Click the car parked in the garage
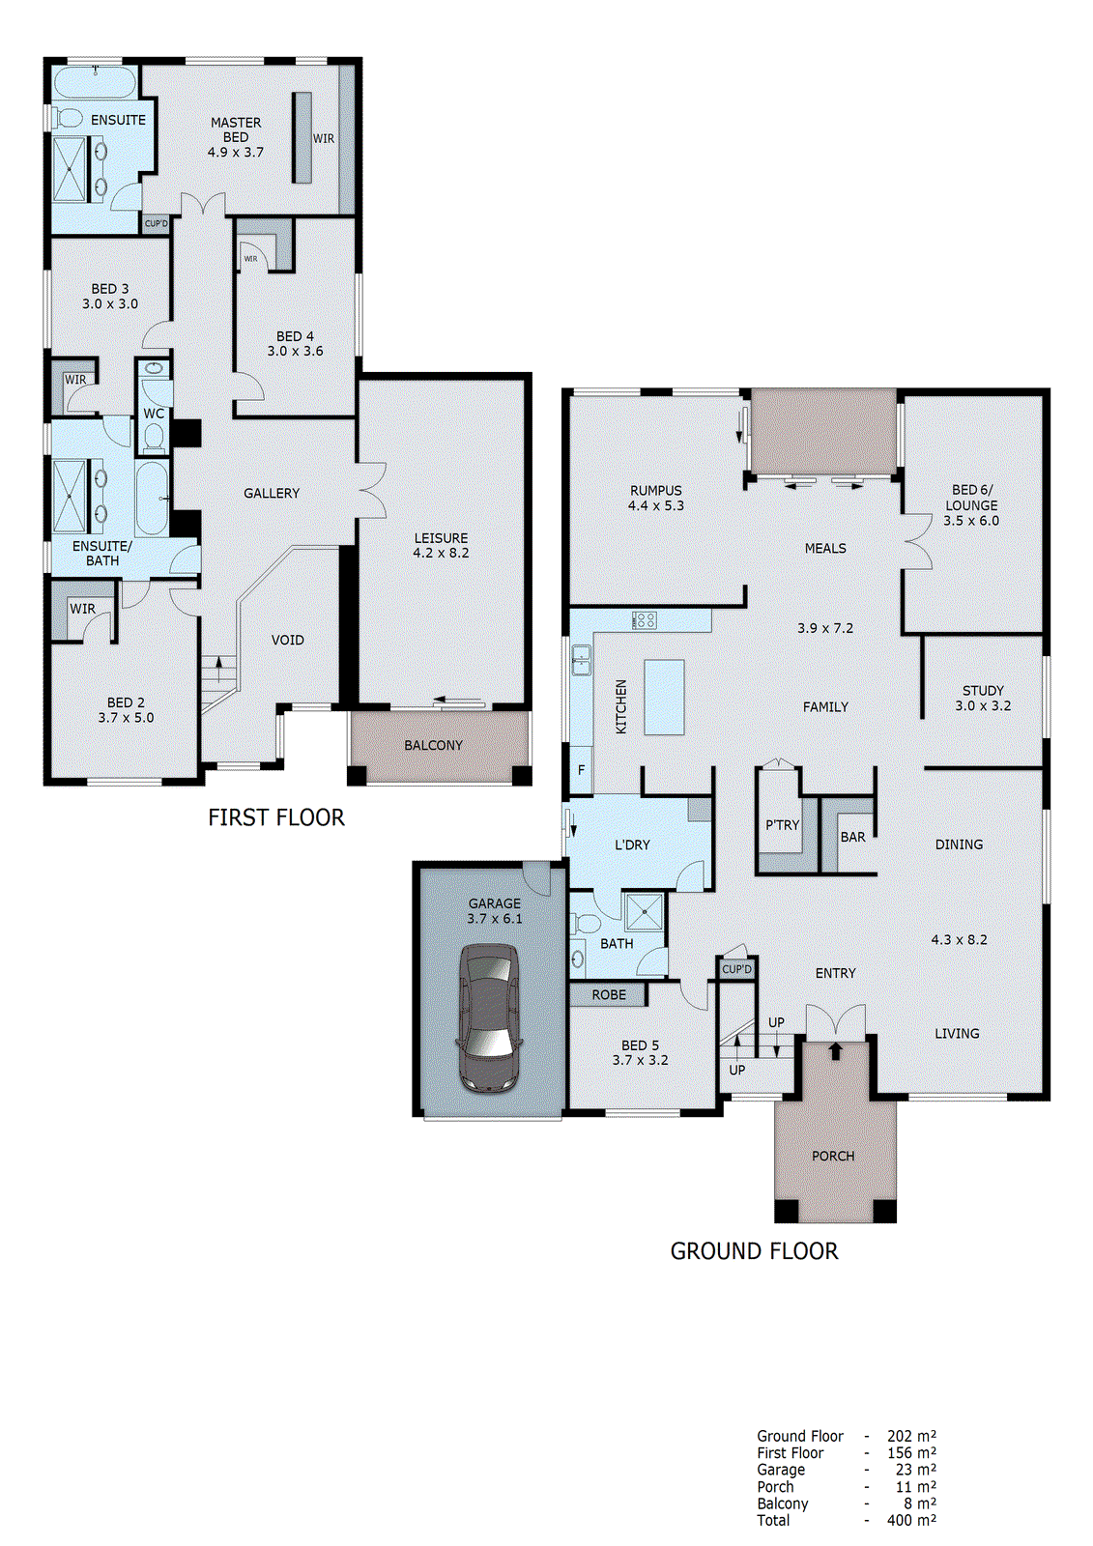click(490, 1017)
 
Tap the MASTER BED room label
click(236, 130)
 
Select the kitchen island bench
click(664, 698)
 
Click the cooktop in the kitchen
click(645, 620)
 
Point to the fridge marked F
click(581, 770)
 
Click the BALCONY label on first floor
click(433, 745)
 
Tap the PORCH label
click(833, 1156)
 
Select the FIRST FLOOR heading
click(276, 817)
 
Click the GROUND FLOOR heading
click(754, 1251)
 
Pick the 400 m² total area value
click(911, 1520)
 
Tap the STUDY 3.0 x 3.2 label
click(983, 698)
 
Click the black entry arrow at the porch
click(836, 1050)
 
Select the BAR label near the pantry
click(852, 837)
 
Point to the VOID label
click(287, 640)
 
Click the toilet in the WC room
click(154, 437)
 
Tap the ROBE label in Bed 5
click(609, 994)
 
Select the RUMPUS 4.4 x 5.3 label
click(655, 498)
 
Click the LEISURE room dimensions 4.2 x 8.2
click(441, 553)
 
